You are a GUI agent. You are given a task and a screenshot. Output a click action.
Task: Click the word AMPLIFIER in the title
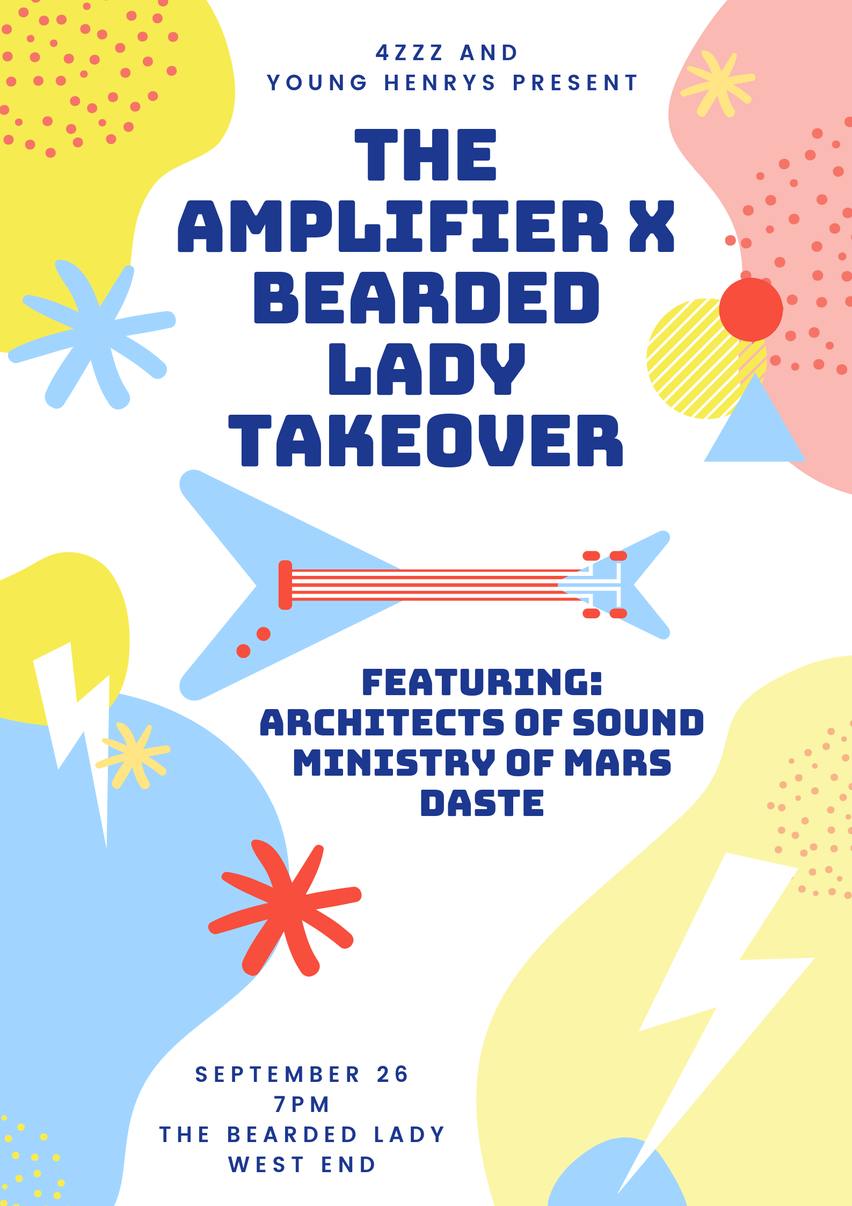pyautogui.click(x=392, y=226)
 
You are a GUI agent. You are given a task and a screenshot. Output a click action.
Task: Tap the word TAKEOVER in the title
pyautogui.click(x=426, y=440)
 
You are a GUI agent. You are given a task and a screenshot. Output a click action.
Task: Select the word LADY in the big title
pyautogui.click(x=427, y=369)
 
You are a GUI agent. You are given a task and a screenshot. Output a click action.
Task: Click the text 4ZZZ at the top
pyautogui.click(x=410, y=53)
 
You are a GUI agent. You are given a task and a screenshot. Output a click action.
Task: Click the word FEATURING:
pyautogui.click(x=482, y=682)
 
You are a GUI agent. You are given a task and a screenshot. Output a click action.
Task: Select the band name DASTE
pyautogui.click(x=482, y=803)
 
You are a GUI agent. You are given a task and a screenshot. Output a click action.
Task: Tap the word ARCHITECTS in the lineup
pyautogui.click(x=382, y=723)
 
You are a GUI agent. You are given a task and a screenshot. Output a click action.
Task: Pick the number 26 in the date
pyautogui.click(x=393, y=1074)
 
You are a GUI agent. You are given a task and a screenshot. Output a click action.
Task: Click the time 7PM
pyautogui.click(x=302, y=1104)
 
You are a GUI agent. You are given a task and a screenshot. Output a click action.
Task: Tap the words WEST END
pyautogui.click(x=302, y=1165)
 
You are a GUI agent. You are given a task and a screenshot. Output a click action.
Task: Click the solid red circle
pyautogui.click(x=751, y=309)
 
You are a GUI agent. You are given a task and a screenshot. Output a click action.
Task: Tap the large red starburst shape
pyautogui.click(x=285, y=907)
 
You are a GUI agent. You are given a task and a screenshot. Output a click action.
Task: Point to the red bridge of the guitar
pyautogui.click(x=285, y=585)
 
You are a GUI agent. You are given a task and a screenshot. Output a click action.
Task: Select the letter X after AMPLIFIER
pyautogui.click(x=652, y=226)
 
